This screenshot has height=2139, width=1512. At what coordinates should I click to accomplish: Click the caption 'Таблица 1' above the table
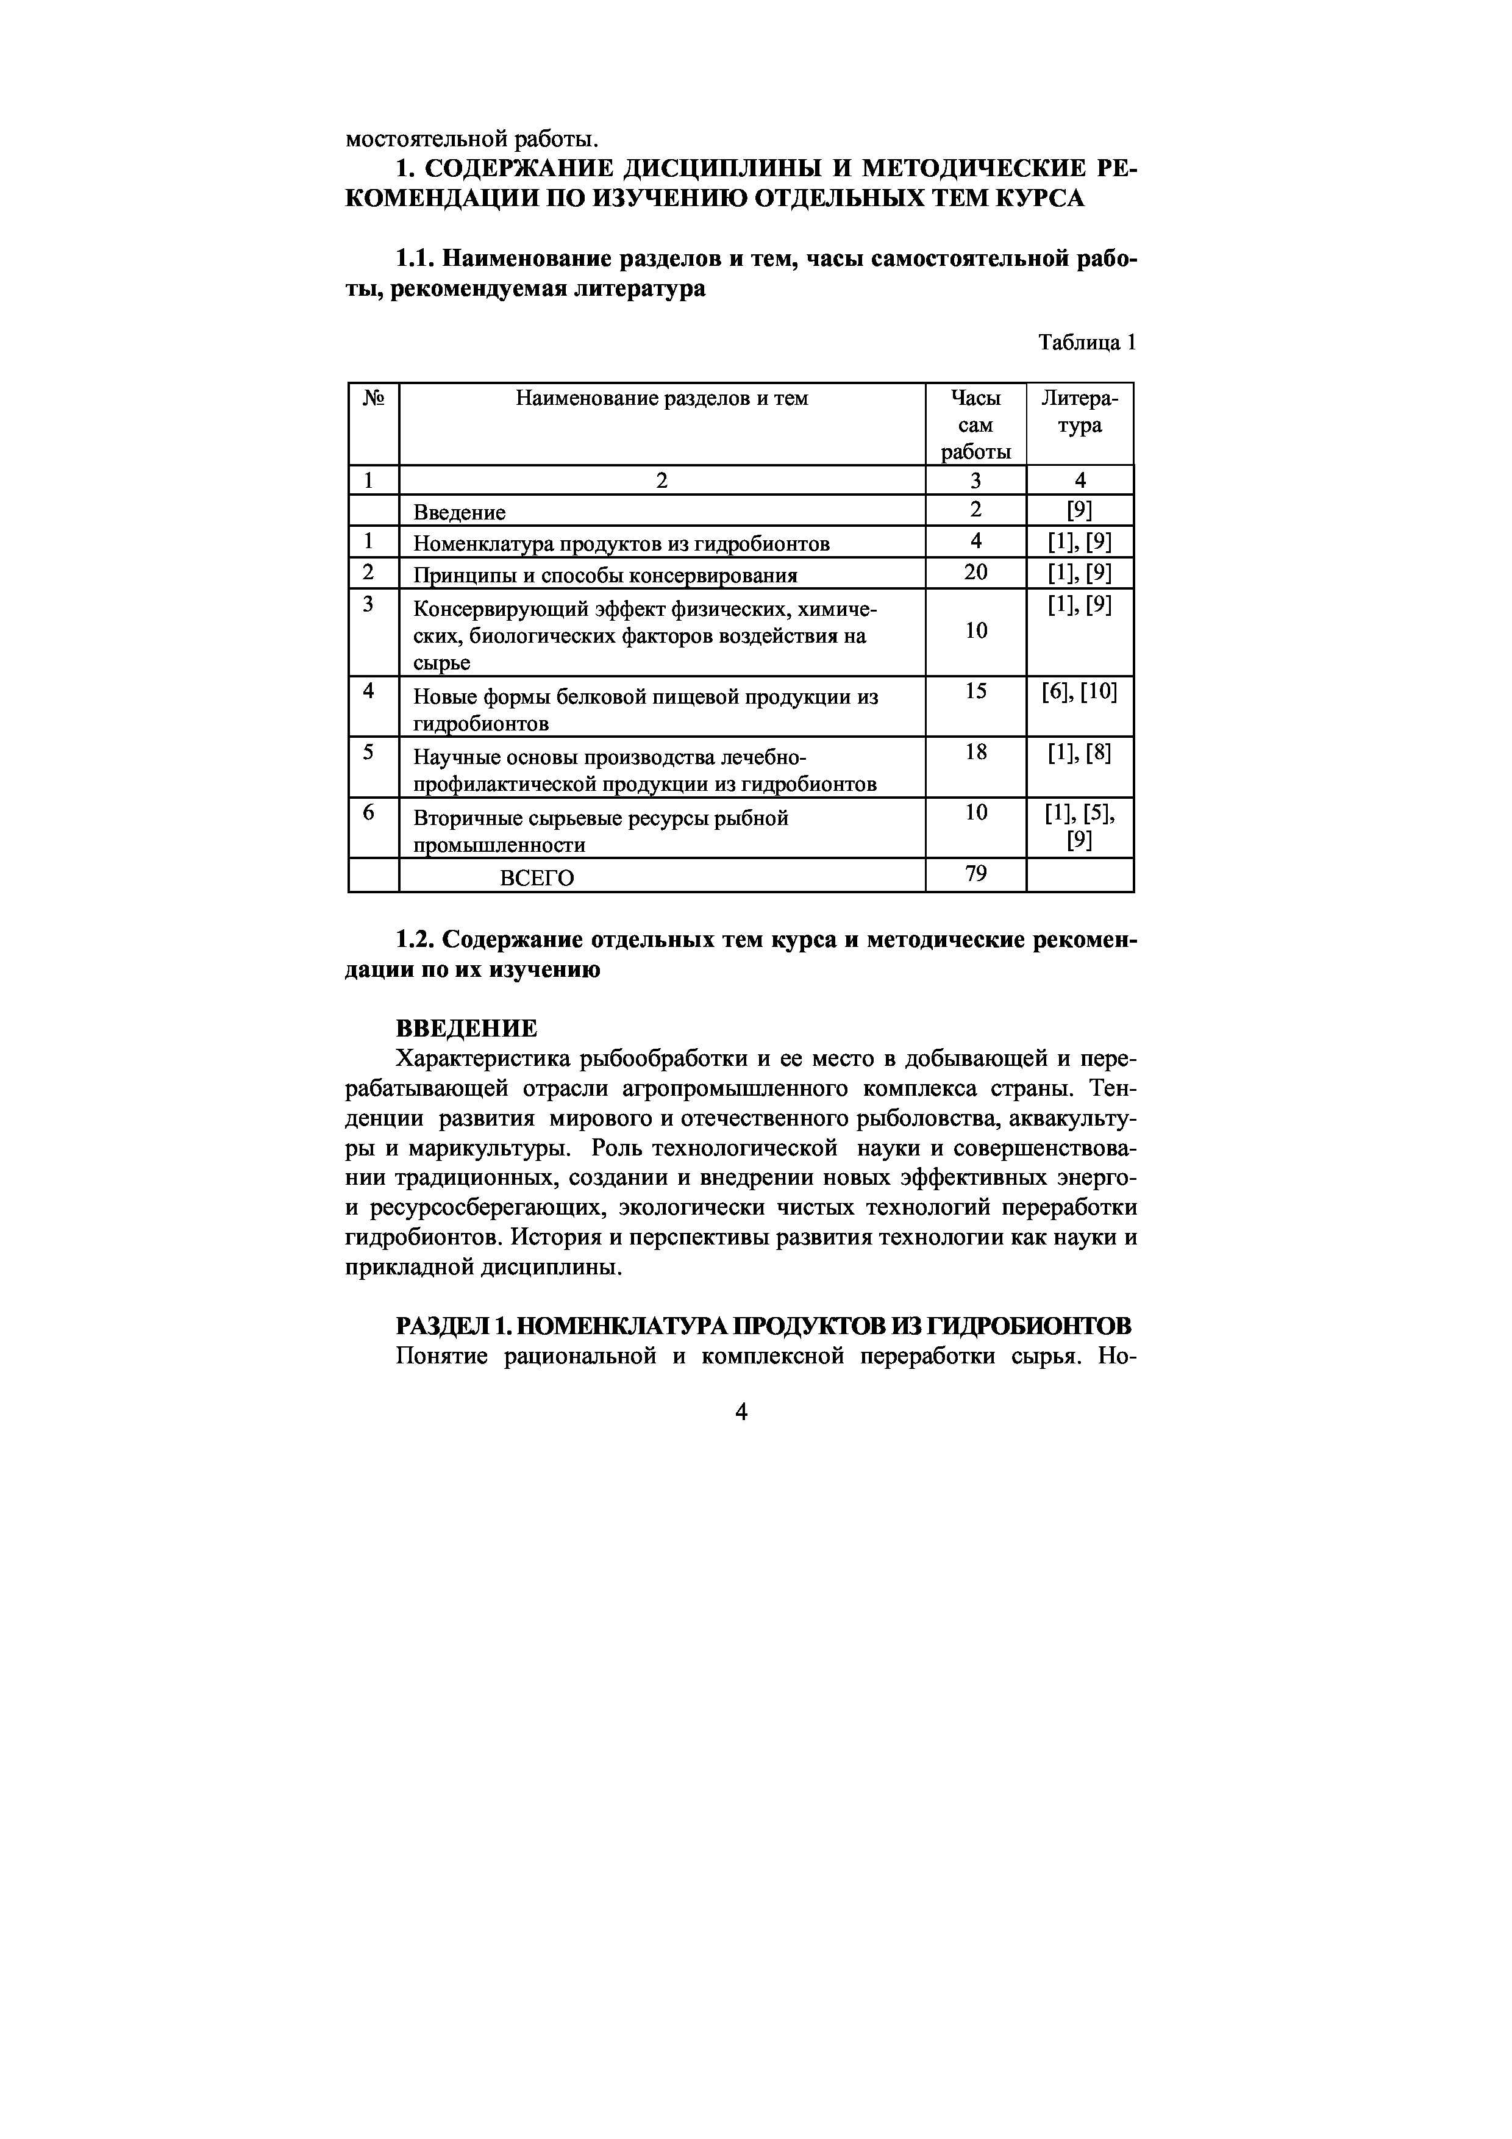(1087, 343)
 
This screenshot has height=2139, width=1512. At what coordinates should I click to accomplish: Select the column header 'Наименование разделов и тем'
(661, 399)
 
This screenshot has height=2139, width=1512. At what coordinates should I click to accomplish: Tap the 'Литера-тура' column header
(1080, 412)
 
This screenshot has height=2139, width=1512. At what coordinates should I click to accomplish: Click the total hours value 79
(975, 874)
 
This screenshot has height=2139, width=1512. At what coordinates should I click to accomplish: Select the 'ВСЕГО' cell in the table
(538, 877)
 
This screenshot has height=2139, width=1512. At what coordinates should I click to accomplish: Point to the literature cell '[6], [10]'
(1080, 691)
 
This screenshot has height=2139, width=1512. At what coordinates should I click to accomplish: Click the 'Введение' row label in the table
(459, 512)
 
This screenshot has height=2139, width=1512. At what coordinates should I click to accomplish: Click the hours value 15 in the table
(975, 691)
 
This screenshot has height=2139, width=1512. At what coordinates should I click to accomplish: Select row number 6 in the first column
(369, 812)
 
